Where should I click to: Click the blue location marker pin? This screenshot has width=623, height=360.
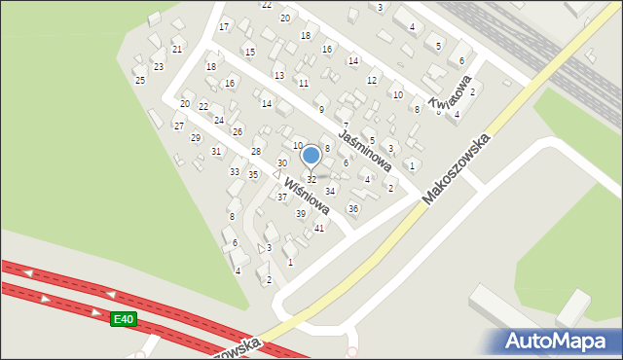point(311,156)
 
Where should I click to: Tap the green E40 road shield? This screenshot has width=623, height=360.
point(123,319)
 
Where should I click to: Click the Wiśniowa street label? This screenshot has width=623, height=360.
point(307,195)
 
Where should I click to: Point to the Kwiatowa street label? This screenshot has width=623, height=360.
point(450,93)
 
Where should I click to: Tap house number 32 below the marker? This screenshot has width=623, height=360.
point(311,180)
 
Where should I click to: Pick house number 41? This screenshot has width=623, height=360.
point(318,228)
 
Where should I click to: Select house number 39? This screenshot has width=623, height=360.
point(301,214)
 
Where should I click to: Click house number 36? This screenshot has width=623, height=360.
point(353,208)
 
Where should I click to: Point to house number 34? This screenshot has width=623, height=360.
point(330,191)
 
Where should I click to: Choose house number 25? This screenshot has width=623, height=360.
point(140,80)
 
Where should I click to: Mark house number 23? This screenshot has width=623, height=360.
point(159,66)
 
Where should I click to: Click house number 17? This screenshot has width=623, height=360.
point(224,26)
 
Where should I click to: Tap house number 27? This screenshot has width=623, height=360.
point(179,126)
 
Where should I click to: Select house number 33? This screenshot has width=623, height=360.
point(235,172)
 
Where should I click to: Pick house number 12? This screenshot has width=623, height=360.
point(372,80)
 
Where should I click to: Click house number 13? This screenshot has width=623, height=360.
point(279,75)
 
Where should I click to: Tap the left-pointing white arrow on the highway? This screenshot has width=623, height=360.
point(28,273)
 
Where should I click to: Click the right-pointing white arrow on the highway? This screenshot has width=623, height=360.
point(95,312)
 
